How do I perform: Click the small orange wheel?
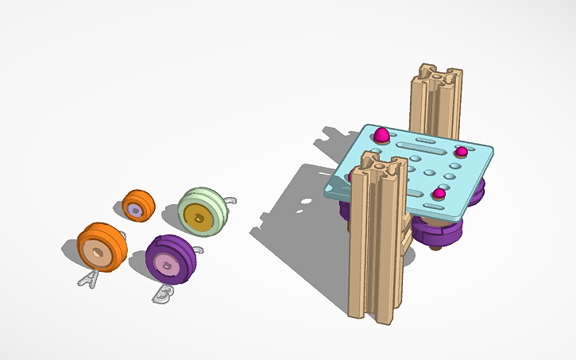point(138,206)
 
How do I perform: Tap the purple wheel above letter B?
point(170,260)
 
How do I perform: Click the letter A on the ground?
point(88,278)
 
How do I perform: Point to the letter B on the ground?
point(162,293)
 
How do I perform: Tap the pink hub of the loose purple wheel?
point(165,265)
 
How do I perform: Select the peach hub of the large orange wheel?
point(96,252)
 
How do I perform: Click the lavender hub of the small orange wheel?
point(136,210)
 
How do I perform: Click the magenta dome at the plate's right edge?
point(461,151)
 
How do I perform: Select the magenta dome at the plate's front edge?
point(439,194)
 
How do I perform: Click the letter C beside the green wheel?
point(230,202)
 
